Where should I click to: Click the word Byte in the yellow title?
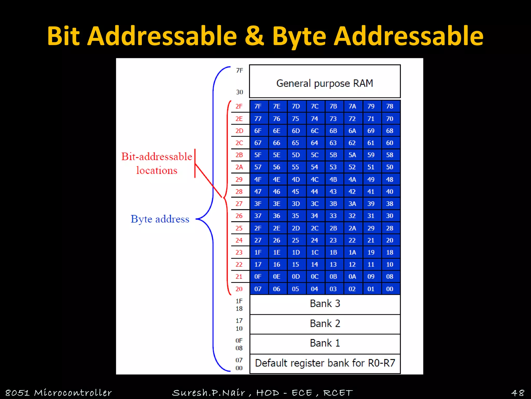point(299,36)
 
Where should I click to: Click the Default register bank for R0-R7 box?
point(325,363)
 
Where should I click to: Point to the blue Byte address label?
point(160,219)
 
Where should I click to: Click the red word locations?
point(157,170)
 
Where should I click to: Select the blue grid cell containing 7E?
point(277,107)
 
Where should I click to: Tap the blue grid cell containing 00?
point(390,289)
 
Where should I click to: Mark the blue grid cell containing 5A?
point(352,155)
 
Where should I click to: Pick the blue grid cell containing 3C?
point(315,204)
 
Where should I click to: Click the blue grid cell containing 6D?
point(296,131)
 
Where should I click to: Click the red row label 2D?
point(239,131)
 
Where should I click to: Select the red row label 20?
point(239,289)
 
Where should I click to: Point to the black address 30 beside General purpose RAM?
point(240,92)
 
